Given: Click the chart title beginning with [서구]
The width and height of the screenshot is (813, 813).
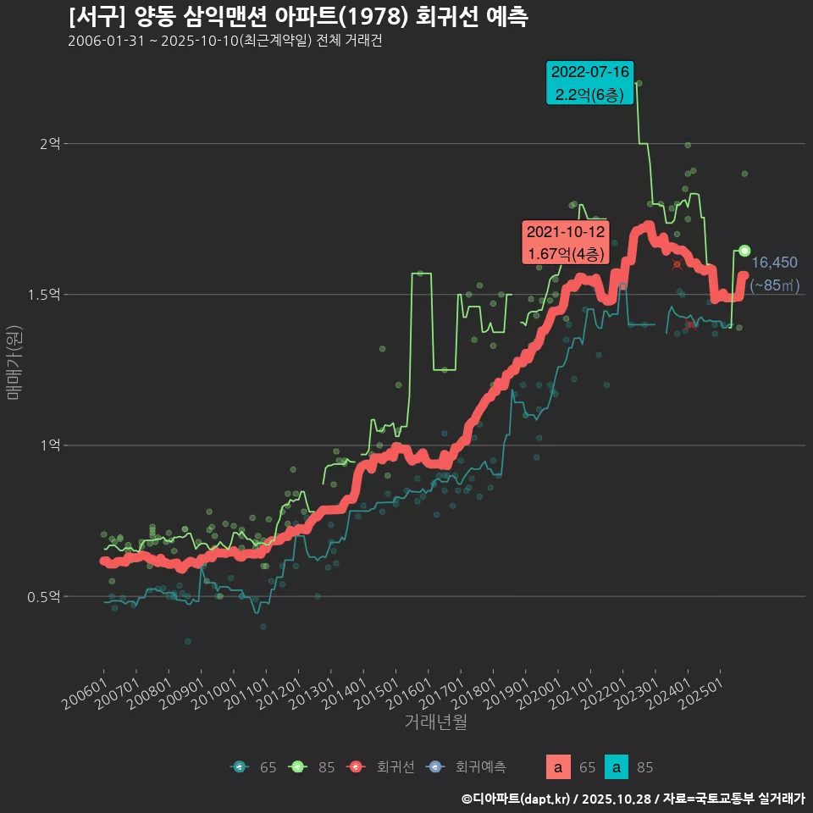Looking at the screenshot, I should [298, 17].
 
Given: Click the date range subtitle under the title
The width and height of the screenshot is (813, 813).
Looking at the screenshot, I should [224, 41].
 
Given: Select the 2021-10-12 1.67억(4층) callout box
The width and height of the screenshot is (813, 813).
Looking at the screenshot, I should [565, 242].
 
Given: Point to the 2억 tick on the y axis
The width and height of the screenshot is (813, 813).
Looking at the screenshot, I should [50, 144].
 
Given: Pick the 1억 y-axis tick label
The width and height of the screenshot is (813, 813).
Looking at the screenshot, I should [50, 445].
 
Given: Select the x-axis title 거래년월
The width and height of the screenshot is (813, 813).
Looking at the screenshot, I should [436, 722].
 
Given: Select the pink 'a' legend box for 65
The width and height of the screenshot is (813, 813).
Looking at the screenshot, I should [557, 767].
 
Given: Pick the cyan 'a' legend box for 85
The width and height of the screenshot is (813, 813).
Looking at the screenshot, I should [617, 767].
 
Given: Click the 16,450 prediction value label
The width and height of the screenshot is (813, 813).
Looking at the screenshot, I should [774, 263].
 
